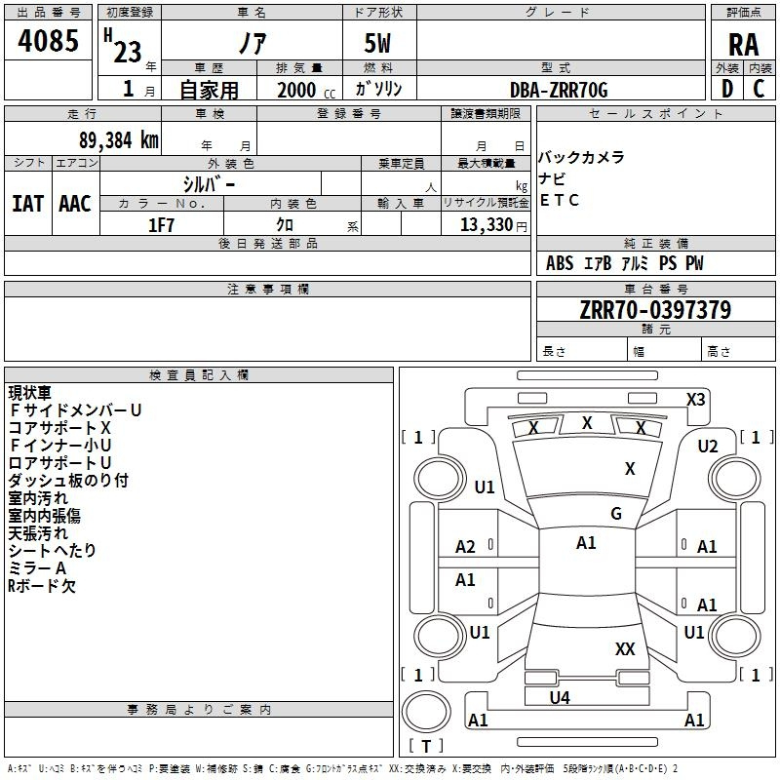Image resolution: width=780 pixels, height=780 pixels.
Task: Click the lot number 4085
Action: (48, 40)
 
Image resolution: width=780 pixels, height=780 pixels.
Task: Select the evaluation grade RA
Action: (743, 45)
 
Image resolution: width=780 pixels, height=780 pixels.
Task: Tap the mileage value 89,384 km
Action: (118, 140)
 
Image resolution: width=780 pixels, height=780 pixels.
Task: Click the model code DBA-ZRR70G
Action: (559, 90)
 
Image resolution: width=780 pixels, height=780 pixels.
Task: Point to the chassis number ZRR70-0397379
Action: (655, 310)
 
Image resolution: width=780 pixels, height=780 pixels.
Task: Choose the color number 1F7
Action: (161, 225)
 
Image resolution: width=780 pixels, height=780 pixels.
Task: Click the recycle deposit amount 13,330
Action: (486, 225)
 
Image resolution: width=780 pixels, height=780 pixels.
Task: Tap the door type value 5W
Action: (377, 43)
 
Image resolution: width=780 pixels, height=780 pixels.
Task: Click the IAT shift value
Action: (27, 204)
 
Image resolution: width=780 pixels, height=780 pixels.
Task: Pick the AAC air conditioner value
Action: (75, 204)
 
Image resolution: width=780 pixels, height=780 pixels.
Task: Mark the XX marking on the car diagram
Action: (625, 648)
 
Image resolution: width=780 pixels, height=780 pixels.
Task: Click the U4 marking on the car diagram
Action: (560, 697)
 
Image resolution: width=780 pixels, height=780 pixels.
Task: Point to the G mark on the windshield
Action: (616, 513)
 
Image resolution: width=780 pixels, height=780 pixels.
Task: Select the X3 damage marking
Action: (695, 400)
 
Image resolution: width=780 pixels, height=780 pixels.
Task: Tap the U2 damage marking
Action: (708, 447)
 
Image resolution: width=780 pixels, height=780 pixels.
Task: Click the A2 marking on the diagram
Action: (465, 547)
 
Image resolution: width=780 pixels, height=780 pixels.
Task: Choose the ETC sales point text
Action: (559, 200)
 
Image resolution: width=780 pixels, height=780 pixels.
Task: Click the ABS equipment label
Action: (560, 263)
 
